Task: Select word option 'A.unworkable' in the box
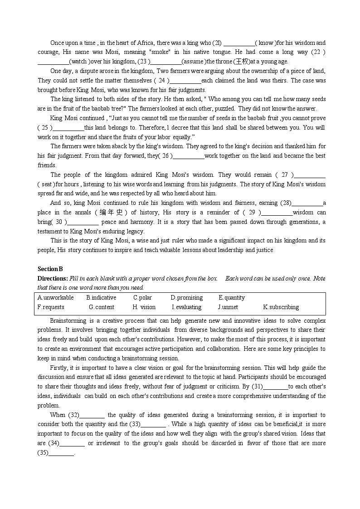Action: point(55,298)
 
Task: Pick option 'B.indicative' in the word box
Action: point(101,298)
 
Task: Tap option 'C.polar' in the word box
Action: point(142,298)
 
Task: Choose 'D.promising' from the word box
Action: point(186,298)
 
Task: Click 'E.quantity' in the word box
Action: point(231,298)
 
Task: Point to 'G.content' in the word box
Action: point(102,307)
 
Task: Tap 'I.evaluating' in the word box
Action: point(186,307)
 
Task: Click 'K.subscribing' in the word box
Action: point(281,307)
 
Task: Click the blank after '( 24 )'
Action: point(185,81)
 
